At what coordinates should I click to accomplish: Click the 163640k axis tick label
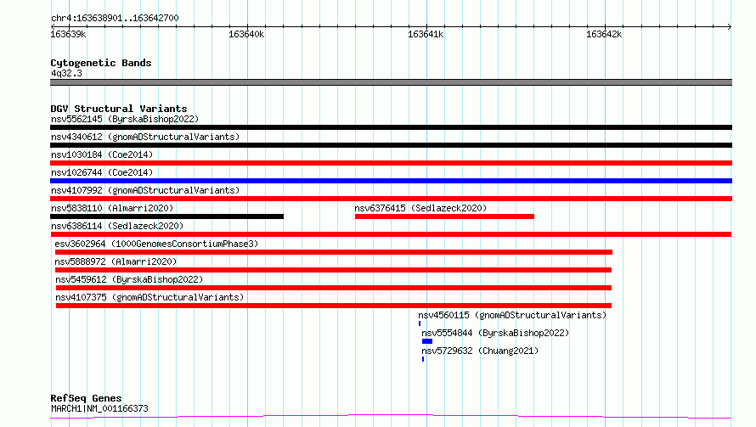[x=246, y=34]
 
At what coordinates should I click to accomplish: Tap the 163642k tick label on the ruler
[x=604, y=34]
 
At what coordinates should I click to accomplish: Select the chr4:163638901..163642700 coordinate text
[x=115, y=18]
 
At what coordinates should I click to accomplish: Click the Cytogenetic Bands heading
[x=101, y=63]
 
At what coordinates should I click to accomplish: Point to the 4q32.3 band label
[x=66, y=73]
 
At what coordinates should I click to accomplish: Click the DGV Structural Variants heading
[x=119, y=109]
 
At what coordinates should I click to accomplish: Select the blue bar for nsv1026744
[x=391, y=181]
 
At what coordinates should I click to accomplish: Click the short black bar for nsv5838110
[x=166, y=216]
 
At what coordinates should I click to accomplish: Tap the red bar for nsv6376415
[x=444, y=216]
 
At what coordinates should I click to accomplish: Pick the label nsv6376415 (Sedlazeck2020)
[x=420, y=208]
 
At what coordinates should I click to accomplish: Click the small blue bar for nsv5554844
[x=427, y=341]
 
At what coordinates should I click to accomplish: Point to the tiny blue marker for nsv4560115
[x=420, y=323]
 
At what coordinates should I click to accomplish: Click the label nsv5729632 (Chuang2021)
[x=480, y=351]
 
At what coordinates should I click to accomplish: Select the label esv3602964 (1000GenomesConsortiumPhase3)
[x=156, y=244]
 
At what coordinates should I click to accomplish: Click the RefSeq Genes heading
[x=87, y=398]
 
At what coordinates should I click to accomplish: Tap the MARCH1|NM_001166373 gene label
[x=99, y=408]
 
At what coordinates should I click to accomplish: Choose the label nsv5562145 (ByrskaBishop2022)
[x=125, y=119]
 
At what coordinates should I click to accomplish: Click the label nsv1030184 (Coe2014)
[x=102, y=155]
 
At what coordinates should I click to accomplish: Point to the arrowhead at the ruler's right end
[x=730, y=26]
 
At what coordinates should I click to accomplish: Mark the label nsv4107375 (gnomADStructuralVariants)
[x=150, y=297]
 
